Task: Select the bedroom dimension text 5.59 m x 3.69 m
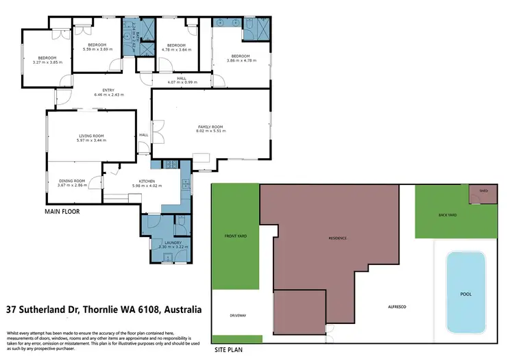(95, 49)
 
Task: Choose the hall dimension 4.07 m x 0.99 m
(182, 82)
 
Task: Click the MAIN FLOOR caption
(62, 212)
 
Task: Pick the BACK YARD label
(448, 215)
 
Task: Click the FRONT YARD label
(234, 238)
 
